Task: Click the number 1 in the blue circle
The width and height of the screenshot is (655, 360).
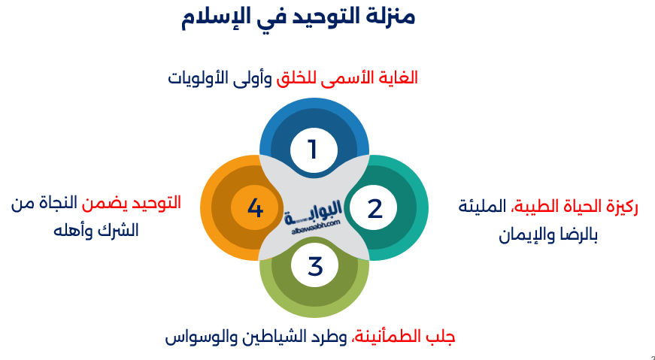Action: point(313,150)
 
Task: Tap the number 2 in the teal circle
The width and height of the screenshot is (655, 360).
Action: point(375,208)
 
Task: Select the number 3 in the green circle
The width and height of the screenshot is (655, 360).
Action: point(315,266)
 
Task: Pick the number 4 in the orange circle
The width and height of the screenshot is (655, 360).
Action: point(255,207)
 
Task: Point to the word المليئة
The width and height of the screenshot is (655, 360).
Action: point(483,206)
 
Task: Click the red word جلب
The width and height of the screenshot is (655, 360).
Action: point(442,337)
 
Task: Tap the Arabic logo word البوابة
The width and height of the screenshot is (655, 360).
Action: point(314,212)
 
